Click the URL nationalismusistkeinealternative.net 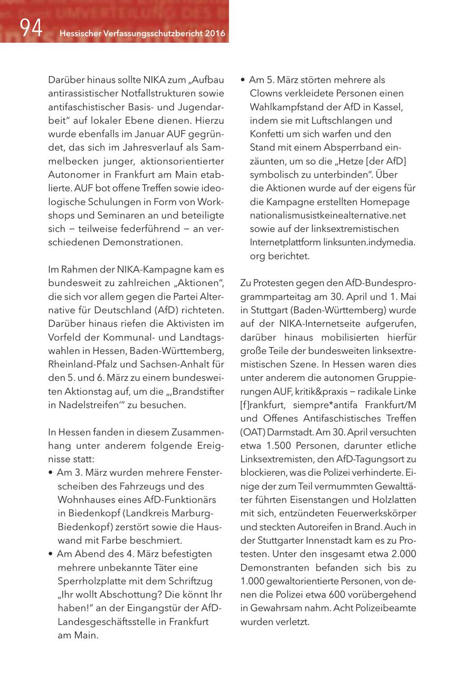328,215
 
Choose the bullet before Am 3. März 50,473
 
